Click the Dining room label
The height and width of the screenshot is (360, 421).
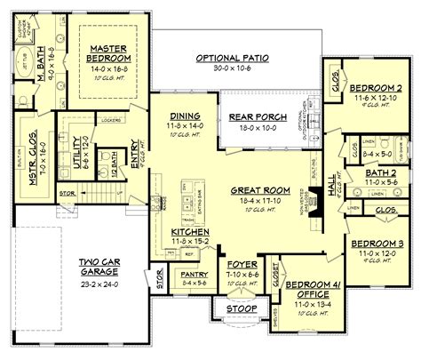[184, 116]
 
